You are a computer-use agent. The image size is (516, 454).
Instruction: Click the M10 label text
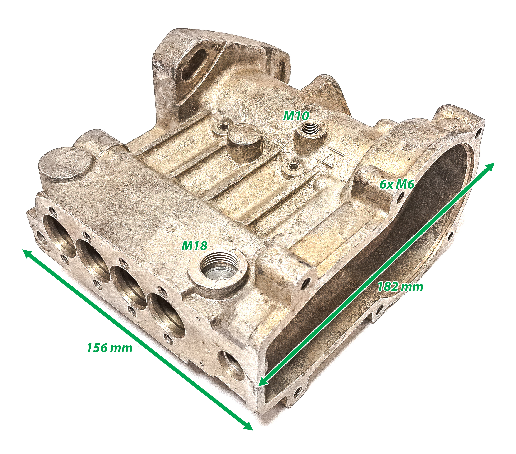tap(296, 116)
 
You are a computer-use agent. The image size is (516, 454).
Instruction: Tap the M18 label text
tap(194, 246)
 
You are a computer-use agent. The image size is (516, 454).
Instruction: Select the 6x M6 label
tap(397, 185)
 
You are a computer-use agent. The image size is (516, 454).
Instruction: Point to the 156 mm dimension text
tap(109, 348)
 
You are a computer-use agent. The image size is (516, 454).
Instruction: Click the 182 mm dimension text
tap(400, 287)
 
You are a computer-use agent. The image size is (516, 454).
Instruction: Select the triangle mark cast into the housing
tap(330, 160)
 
